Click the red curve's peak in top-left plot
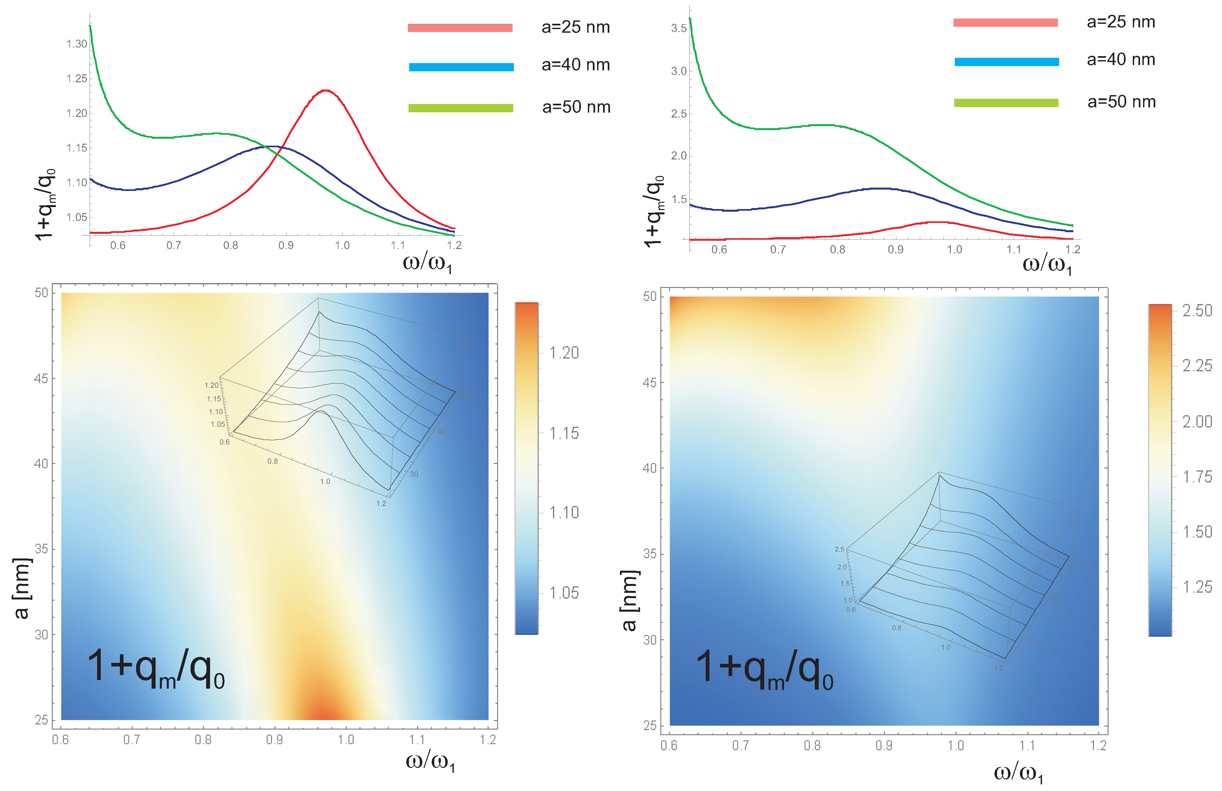point(326,90)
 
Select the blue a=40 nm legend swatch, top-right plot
point(1006,62)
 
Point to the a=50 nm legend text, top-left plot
point(576,107)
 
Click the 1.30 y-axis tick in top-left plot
point(77,44)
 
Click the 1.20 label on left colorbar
point(564,353)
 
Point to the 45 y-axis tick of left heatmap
point(41,378)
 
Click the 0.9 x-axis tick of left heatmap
point(274,740)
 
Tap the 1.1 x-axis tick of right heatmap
point(1027,745)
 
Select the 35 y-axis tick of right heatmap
point(650,554)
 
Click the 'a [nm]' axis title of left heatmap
point(21,588)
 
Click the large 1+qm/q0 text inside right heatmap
point(764,669)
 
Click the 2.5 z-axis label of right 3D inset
point(839,549)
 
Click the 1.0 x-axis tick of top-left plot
point(342,245)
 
